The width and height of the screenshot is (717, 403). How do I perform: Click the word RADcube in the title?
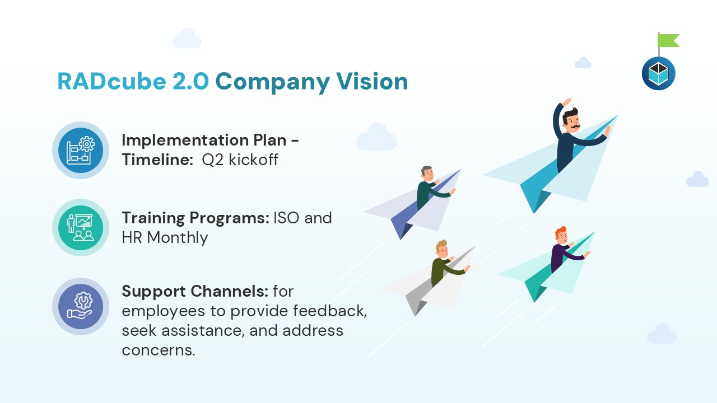pyautogui.click(x=111, y=81)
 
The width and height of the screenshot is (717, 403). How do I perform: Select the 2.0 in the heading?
pyautogui.click(x=190, y=81)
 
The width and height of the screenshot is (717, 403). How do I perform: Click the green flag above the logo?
pyautogui.click(x=668, y=41)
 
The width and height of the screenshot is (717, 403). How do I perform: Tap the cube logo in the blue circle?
pyautogui.click(x=658, y=73)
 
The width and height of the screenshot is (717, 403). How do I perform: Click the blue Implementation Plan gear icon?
pyautogui.click(x=81, y=151)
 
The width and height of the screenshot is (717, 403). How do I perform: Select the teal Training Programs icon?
pyautogui.click(x=81, y=228)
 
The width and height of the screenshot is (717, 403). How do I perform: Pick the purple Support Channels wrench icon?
pyautogui.click(x=81, y=306)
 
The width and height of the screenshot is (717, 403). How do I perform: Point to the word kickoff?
pyautogui.click(x=254, y=160)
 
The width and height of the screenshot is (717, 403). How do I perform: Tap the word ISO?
pyautogui.click(x=286, y=218)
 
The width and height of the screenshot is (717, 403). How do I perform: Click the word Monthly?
pyautogui.click(x=178, y=238)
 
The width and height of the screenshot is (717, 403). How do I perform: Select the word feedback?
pyautogui.click(x=330, y=311)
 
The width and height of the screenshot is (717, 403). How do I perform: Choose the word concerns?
pyautogui.click(x=159, y=350)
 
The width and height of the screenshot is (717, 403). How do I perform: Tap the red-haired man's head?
pyautogui.click(x=561, y=235)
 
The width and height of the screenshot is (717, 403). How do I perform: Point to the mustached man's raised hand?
pyautogui.click(x=566, y=102)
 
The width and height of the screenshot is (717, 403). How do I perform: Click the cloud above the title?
pyautogui.click(x=187, y=39)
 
